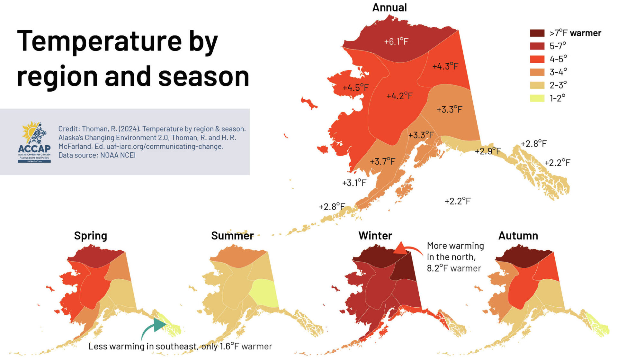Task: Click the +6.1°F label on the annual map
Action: coord(396,41)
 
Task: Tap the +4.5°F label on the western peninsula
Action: coord(355,87)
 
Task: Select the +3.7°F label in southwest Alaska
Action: coord(382,161)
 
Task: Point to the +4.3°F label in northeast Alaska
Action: coord(445,66)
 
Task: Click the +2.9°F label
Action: coord(487,151)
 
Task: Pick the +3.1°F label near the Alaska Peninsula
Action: coord(354,183)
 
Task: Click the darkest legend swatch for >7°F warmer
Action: coord(537,33)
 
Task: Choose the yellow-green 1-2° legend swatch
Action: coord(537,98)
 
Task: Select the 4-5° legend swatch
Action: coord(537,59)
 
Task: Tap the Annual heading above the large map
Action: coord(389,7)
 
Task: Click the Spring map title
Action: coord(90,236)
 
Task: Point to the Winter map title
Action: coord(375,236)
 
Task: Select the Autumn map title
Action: coord(518,236)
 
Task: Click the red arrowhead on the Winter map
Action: coord(400,248)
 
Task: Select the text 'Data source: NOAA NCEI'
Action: coord(97,155)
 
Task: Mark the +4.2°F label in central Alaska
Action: coord(399,96)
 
